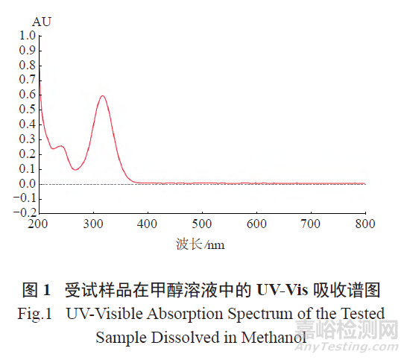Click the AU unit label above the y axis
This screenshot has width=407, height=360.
point(41,22)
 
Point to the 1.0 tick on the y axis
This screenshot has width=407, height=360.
point(28,36)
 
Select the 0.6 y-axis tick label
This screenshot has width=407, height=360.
point(28,95)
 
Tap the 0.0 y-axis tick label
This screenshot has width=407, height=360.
point(28,183)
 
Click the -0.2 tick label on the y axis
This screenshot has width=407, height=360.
point(25,213)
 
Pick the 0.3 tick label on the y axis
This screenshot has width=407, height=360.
point(28,139)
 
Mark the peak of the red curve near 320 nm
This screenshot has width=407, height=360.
point(102,95)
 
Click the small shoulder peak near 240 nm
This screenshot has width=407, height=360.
point(60,146)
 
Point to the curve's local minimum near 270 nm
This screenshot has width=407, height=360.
point(75,170)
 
